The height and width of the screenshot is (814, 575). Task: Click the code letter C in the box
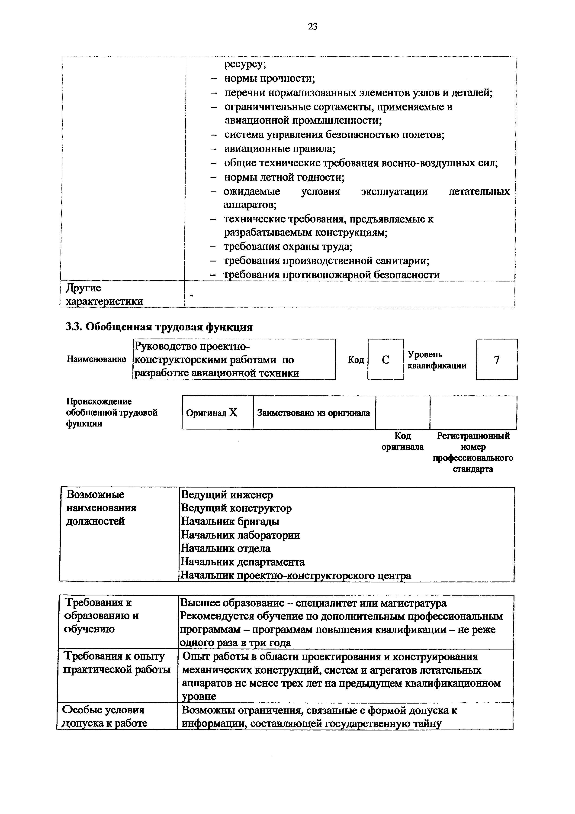point(385,360)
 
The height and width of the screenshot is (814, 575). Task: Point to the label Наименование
point(96,359)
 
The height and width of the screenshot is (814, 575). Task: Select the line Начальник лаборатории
point(240,535)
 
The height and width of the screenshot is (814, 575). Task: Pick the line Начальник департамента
point(243,562)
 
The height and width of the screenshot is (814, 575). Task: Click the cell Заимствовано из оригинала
point(314,413)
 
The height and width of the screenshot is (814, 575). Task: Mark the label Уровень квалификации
point(437,360)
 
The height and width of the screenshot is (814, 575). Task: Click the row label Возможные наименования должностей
point(101,508)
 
